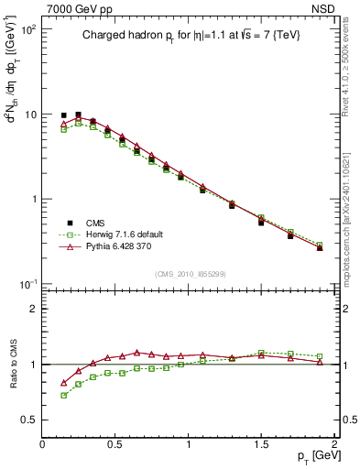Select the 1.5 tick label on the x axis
coord(261,445)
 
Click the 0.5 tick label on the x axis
coord(115,445)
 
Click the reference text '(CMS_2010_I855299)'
coord(188,274)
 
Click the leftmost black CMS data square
coord(64,115)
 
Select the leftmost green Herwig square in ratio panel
coord(64,396)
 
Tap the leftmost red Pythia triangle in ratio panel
coord(64,383)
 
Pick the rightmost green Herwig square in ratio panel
coord(320,356)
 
